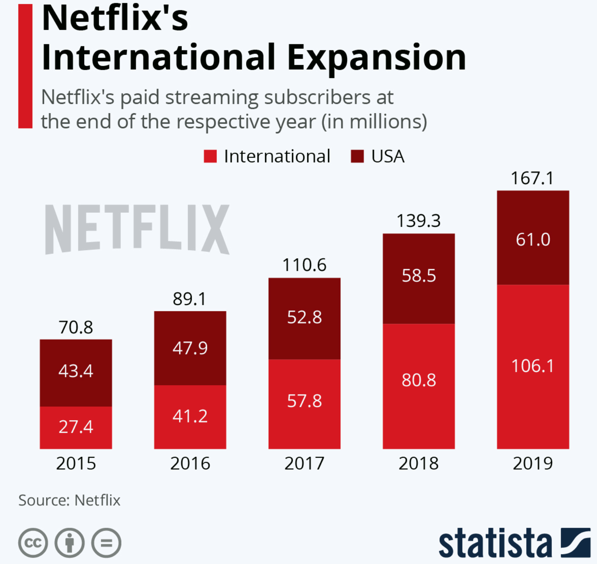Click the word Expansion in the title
(x=376, y=58)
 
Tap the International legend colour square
(x=210, y=156)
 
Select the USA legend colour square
(x=357, y=156)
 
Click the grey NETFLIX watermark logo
(x=137, y=229)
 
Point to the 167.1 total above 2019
(x=532, y=178)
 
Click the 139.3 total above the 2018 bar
(x=419, y=221)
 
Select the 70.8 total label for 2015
(x=76, y=327)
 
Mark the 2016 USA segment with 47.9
(x=190, y=348)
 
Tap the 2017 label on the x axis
(x=304, y=463)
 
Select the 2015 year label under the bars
(x=76, y=463)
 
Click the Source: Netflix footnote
(x=69, y=500)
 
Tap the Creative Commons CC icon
(x=33, y=543)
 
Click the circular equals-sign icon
(x=106, y=543)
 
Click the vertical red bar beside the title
(x=25, y=66)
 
